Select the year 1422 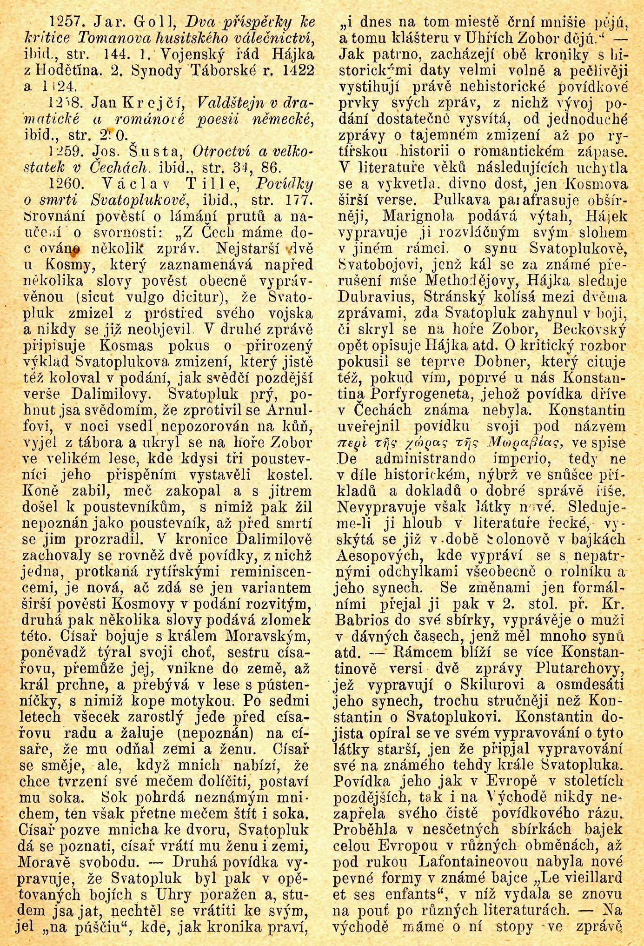click(289, 70)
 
